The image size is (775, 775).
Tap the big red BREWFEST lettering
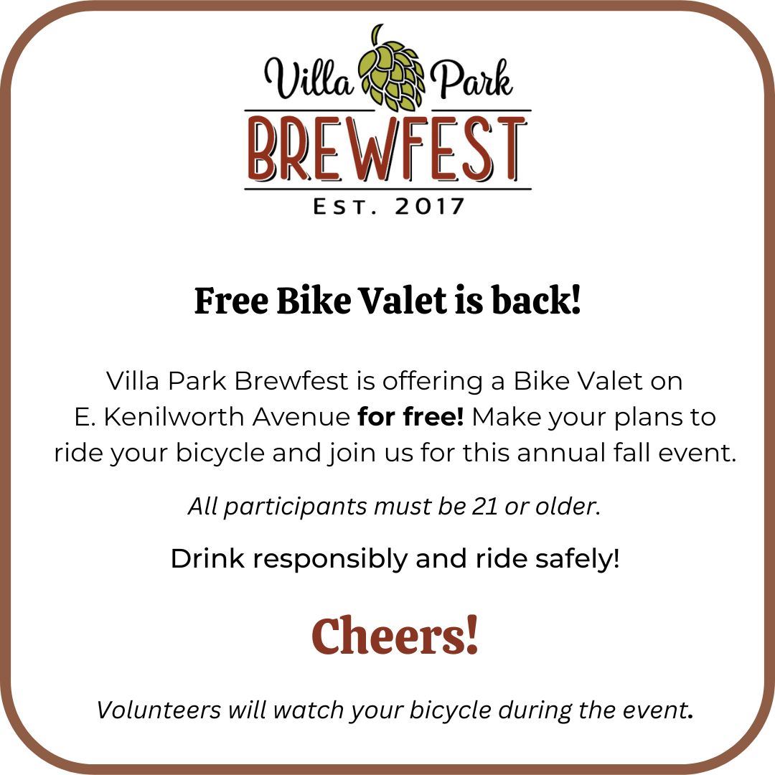coord(387,151)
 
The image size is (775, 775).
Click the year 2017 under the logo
coord(430,207)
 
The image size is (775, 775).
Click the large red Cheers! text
coord(395,637)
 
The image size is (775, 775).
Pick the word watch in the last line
coord(306,710)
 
